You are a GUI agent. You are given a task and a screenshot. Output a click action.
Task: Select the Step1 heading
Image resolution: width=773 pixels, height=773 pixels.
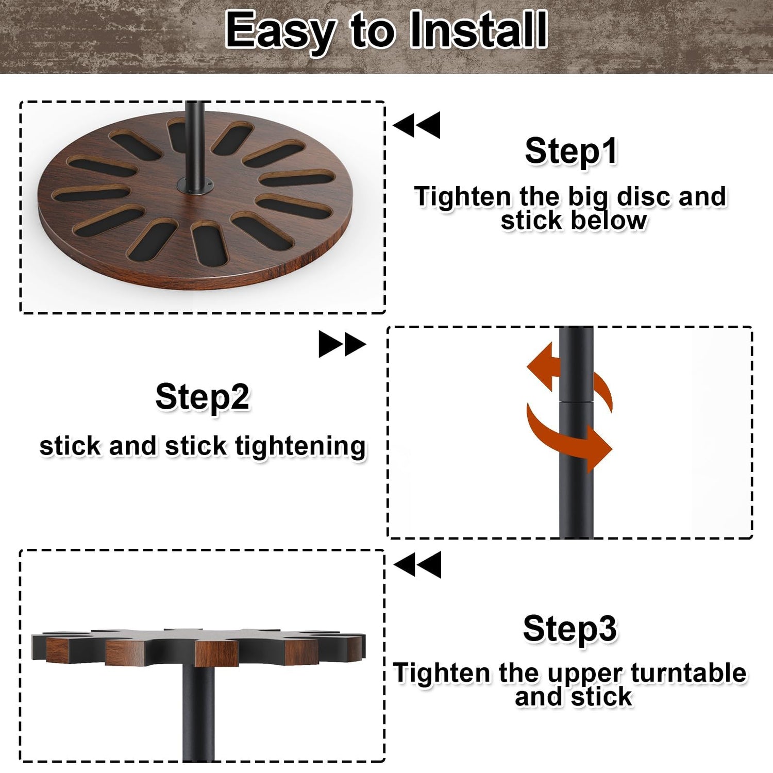click(571, 152)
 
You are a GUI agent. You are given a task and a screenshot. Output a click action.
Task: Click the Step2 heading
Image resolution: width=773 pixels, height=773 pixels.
click(203, 397)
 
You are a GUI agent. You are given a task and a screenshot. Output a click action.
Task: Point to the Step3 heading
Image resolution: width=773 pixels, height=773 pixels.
click(570, 629)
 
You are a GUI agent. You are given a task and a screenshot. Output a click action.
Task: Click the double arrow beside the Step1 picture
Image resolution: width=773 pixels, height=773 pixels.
click(417, 125)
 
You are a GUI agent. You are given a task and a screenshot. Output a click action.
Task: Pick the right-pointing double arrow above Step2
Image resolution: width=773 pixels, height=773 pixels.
click(342, 344)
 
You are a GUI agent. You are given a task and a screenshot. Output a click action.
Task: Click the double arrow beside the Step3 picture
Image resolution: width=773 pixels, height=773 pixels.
click(417, 564)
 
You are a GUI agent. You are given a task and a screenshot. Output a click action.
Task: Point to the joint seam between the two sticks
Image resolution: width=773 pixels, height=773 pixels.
click(576, 401)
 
